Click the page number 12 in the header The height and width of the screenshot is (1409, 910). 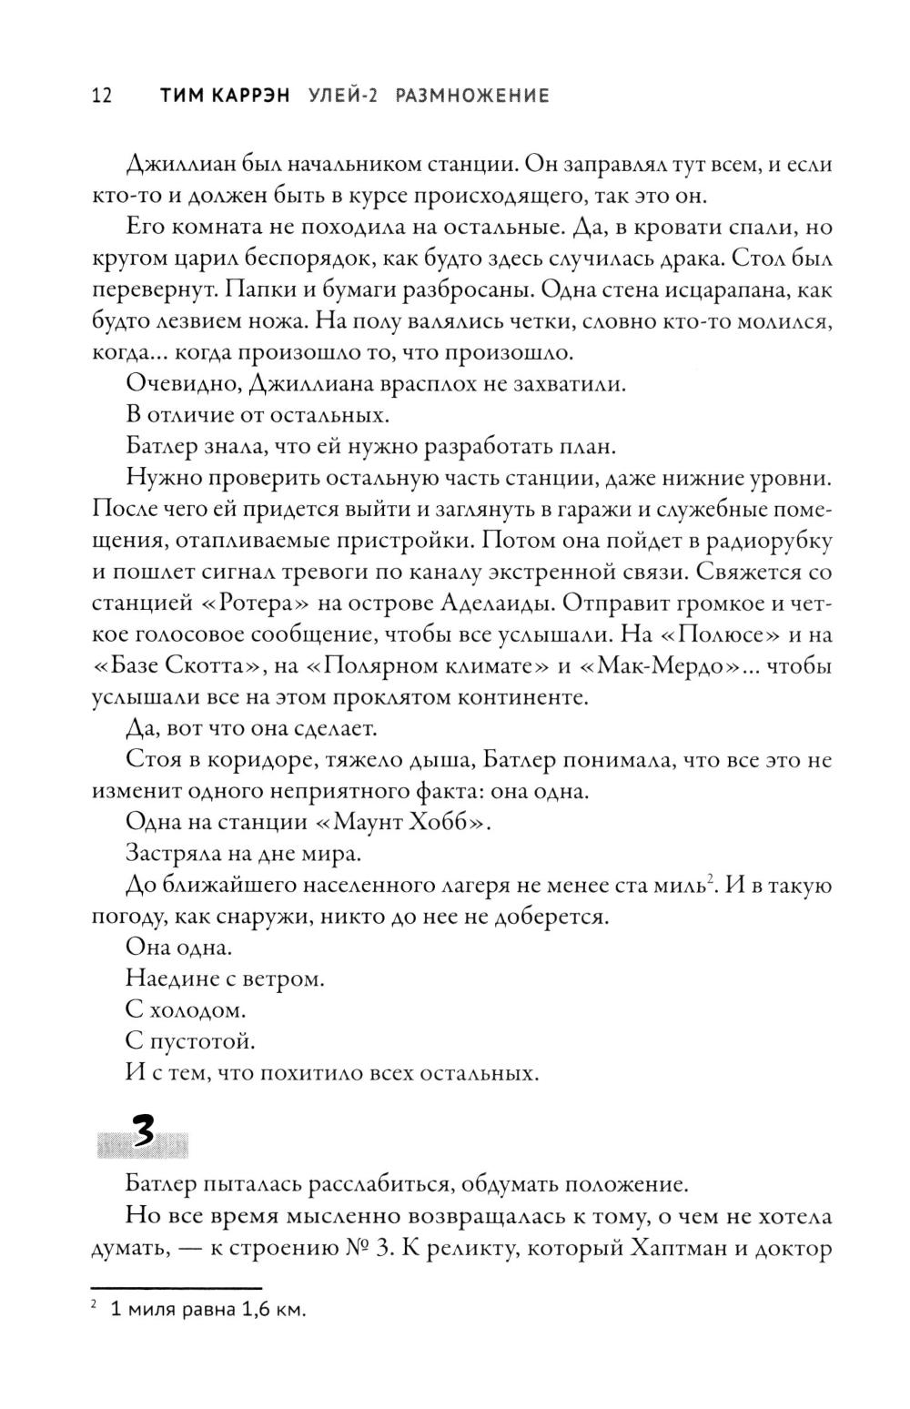[101, 96]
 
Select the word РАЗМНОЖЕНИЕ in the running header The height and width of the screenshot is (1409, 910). [472, 96]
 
